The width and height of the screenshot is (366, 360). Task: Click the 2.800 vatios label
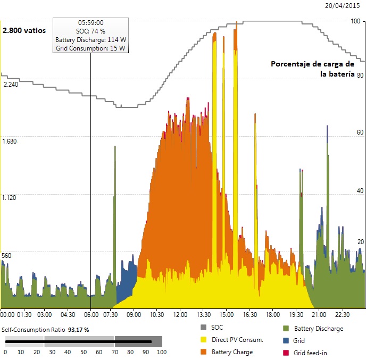click(24, 30)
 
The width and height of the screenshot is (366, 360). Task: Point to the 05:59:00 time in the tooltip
click(90, 23)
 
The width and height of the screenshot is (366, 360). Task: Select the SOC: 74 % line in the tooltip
click(90, 31)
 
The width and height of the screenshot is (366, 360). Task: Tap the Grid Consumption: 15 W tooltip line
click(90, 48)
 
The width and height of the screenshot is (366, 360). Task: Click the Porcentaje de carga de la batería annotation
click(312, 69)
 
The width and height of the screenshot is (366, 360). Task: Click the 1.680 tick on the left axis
click(11, 141)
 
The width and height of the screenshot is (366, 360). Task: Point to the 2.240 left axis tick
click(11, 85)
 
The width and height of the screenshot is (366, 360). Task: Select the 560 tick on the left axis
click(7, 255)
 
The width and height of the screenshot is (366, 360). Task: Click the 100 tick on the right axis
click(355, 21)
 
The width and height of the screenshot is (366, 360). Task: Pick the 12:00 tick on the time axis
click(180, 314)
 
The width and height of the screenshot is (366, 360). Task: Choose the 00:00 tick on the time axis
click(8, 314)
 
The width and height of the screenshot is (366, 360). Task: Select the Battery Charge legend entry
click(231, 351)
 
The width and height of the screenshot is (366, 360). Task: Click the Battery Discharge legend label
click(318, 329)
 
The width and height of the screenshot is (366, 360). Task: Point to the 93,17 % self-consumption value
click(78, 330)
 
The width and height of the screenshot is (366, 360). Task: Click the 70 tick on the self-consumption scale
click(115, 352)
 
